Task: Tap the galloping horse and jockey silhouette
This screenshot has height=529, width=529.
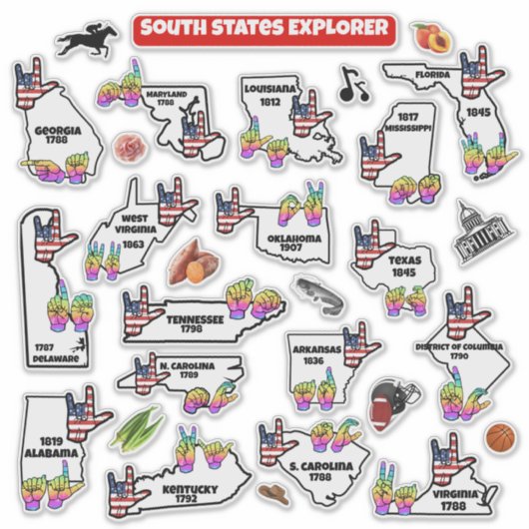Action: [x=88, y=41]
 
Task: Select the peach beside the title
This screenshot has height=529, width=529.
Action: [x=430, y=38]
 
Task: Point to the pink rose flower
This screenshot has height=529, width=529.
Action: [x=128, y=150]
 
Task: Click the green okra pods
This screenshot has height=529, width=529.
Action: [x=137, y=427]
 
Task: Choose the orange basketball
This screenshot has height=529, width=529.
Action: [x=501, y=436]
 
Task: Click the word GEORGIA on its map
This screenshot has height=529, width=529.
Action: [x=58, y=130]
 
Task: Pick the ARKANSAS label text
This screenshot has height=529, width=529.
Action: [x=316, y=350]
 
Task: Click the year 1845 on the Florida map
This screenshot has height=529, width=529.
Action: [x=479, y=113]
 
